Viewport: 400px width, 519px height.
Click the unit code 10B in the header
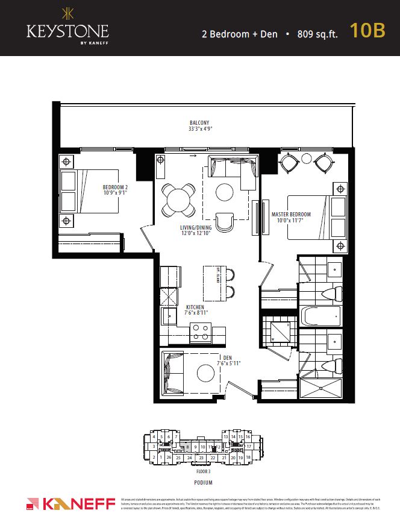(367, 32)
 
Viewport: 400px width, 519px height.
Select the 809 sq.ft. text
(317, 34)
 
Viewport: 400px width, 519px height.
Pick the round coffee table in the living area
(225, 192)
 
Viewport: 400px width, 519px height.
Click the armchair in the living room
(225, 222)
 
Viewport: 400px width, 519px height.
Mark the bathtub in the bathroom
(320, 316)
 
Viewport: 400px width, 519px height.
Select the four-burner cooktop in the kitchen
(200, 333)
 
